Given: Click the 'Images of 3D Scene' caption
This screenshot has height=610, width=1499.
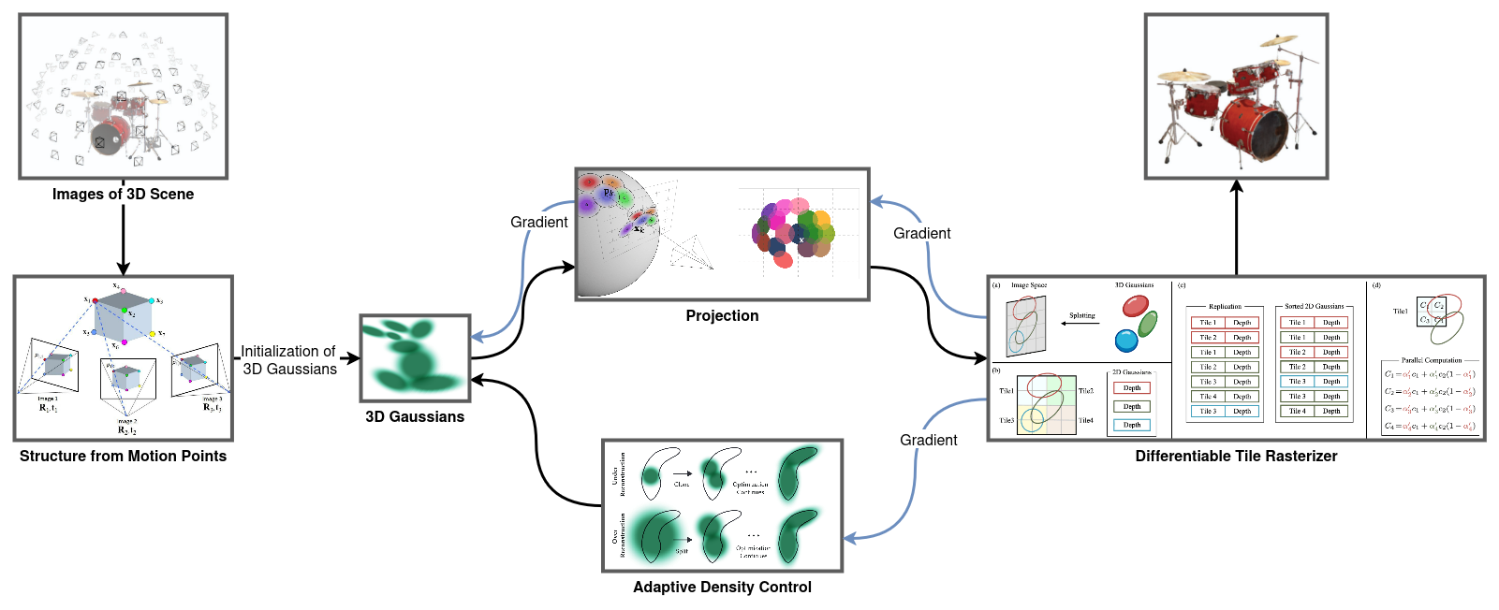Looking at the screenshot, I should coord(123,195).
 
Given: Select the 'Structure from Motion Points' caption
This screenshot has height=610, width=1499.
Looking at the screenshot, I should coord(123,457).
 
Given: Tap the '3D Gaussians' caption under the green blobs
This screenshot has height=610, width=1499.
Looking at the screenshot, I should coord(415,417).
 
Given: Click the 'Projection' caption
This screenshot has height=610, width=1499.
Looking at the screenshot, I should coord(722,316).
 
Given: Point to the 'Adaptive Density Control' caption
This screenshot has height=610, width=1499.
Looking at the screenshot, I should coord(722,588).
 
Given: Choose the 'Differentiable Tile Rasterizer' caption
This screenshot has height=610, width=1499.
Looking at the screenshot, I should coord(1236,457).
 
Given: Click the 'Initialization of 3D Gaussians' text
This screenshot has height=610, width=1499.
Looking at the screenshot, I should coord(288,360).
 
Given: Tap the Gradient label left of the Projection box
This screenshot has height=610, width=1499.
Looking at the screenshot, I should coord(538,223).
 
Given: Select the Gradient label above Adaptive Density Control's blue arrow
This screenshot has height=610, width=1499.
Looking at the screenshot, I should coord(928,441).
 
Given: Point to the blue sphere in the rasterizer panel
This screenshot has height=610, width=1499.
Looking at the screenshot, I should coord(1126,339).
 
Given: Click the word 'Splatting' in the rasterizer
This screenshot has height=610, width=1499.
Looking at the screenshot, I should coord(1082,316).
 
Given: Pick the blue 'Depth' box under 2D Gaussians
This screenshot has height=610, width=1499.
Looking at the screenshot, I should coord(1132,426).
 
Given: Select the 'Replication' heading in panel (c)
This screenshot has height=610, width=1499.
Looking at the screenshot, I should coord(1225,307).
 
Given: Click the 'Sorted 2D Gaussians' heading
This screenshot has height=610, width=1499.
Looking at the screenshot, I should coord(1314,307).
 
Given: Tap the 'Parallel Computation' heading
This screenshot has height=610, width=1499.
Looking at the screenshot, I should coord(1431,360).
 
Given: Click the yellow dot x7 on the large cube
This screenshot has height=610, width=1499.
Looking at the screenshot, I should coord(153,334).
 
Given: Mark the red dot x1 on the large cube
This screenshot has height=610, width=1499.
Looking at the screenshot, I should coord(95,300).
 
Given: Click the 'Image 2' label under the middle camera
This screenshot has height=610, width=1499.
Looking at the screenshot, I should coord(126,422).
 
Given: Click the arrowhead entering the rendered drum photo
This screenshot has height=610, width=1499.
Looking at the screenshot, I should coord(1237,186).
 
